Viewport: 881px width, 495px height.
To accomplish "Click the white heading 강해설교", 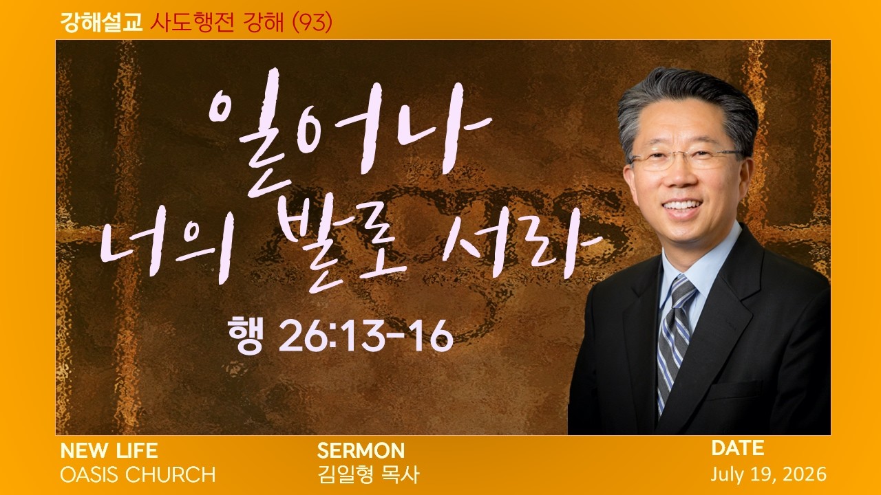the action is (x=101, y=22).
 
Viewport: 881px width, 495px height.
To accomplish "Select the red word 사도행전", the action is (x=192, y=22).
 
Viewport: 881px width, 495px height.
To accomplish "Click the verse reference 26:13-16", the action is (x=365, y=335).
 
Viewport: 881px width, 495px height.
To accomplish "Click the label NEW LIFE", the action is (x=109, y=450).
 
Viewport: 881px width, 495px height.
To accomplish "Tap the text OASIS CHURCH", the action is (x=138, y=474).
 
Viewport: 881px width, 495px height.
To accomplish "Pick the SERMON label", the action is (x=361, y=450).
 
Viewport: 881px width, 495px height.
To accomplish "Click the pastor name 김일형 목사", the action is (x=368, y=474).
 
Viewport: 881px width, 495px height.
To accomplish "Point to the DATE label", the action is (x=737, y=448).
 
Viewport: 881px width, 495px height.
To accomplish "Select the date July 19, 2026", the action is (x=769, y=474).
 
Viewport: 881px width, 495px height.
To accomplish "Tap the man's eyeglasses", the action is (x=686, y=159).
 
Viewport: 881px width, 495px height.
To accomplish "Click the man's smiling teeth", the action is (x=681, y=206).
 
